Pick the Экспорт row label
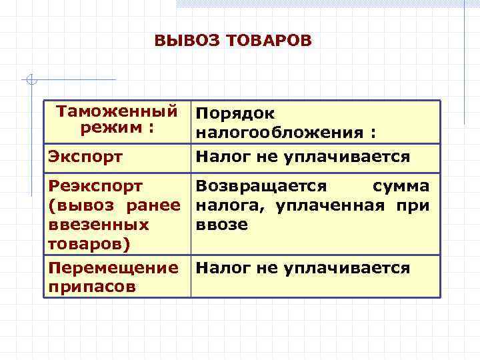click(85, 157)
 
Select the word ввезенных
click(98, 225)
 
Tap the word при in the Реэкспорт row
click(415, 205)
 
